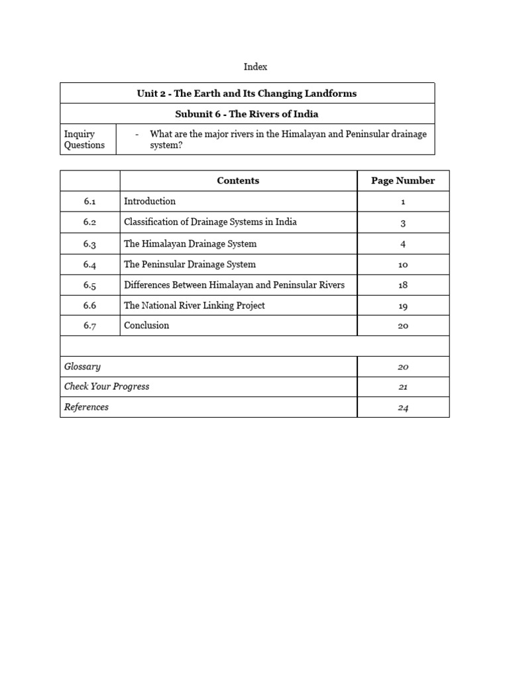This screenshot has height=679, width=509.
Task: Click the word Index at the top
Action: [255, 67]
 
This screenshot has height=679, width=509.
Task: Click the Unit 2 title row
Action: [247, 93]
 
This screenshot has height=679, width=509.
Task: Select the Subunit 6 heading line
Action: [247, 114]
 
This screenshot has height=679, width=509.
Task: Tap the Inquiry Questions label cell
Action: [84, 139]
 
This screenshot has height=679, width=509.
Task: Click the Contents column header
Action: [238, 180]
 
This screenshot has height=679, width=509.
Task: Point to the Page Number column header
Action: [403, 180]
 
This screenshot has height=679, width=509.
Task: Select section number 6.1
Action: [90, 202]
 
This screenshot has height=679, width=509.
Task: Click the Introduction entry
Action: [150, 201]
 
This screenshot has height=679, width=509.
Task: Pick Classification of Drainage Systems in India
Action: [210, 222]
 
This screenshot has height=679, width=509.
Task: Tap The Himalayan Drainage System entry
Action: [190, 243]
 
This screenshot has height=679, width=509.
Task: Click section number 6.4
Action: [90, 265]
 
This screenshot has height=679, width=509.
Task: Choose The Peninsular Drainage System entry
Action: [190, 265]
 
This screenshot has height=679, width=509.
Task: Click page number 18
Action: [403, 285]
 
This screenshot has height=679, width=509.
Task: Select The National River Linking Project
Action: [194, 306]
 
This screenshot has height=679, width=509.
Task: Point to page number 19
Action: [403, 306]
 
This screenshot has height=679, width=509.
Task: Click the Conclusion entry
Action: [146, 326]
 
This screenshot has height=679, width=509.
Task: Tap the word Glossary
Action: [82, 366]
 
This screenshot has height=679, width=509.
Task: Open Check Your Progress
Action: [107, 387]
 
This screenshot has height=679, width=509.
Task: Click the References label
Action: [86, 407]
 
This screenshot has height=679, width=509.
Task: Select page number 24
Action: [403, 408]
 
